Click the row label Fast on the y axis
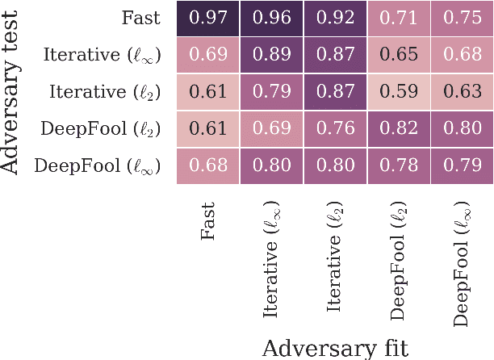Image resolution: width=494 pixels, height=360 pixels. pyautogui.click(x=141, y=19)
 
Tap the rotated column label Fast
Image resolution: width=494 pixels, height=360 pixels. pyautogui.click(x=208, y=220)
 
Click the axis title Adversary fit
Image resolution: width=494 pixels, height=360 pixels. pyautogui.click(x=334, y=347)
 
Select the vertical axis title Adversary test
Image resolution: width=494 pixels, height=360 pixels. pyautogui.click(x=11, y=92)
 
